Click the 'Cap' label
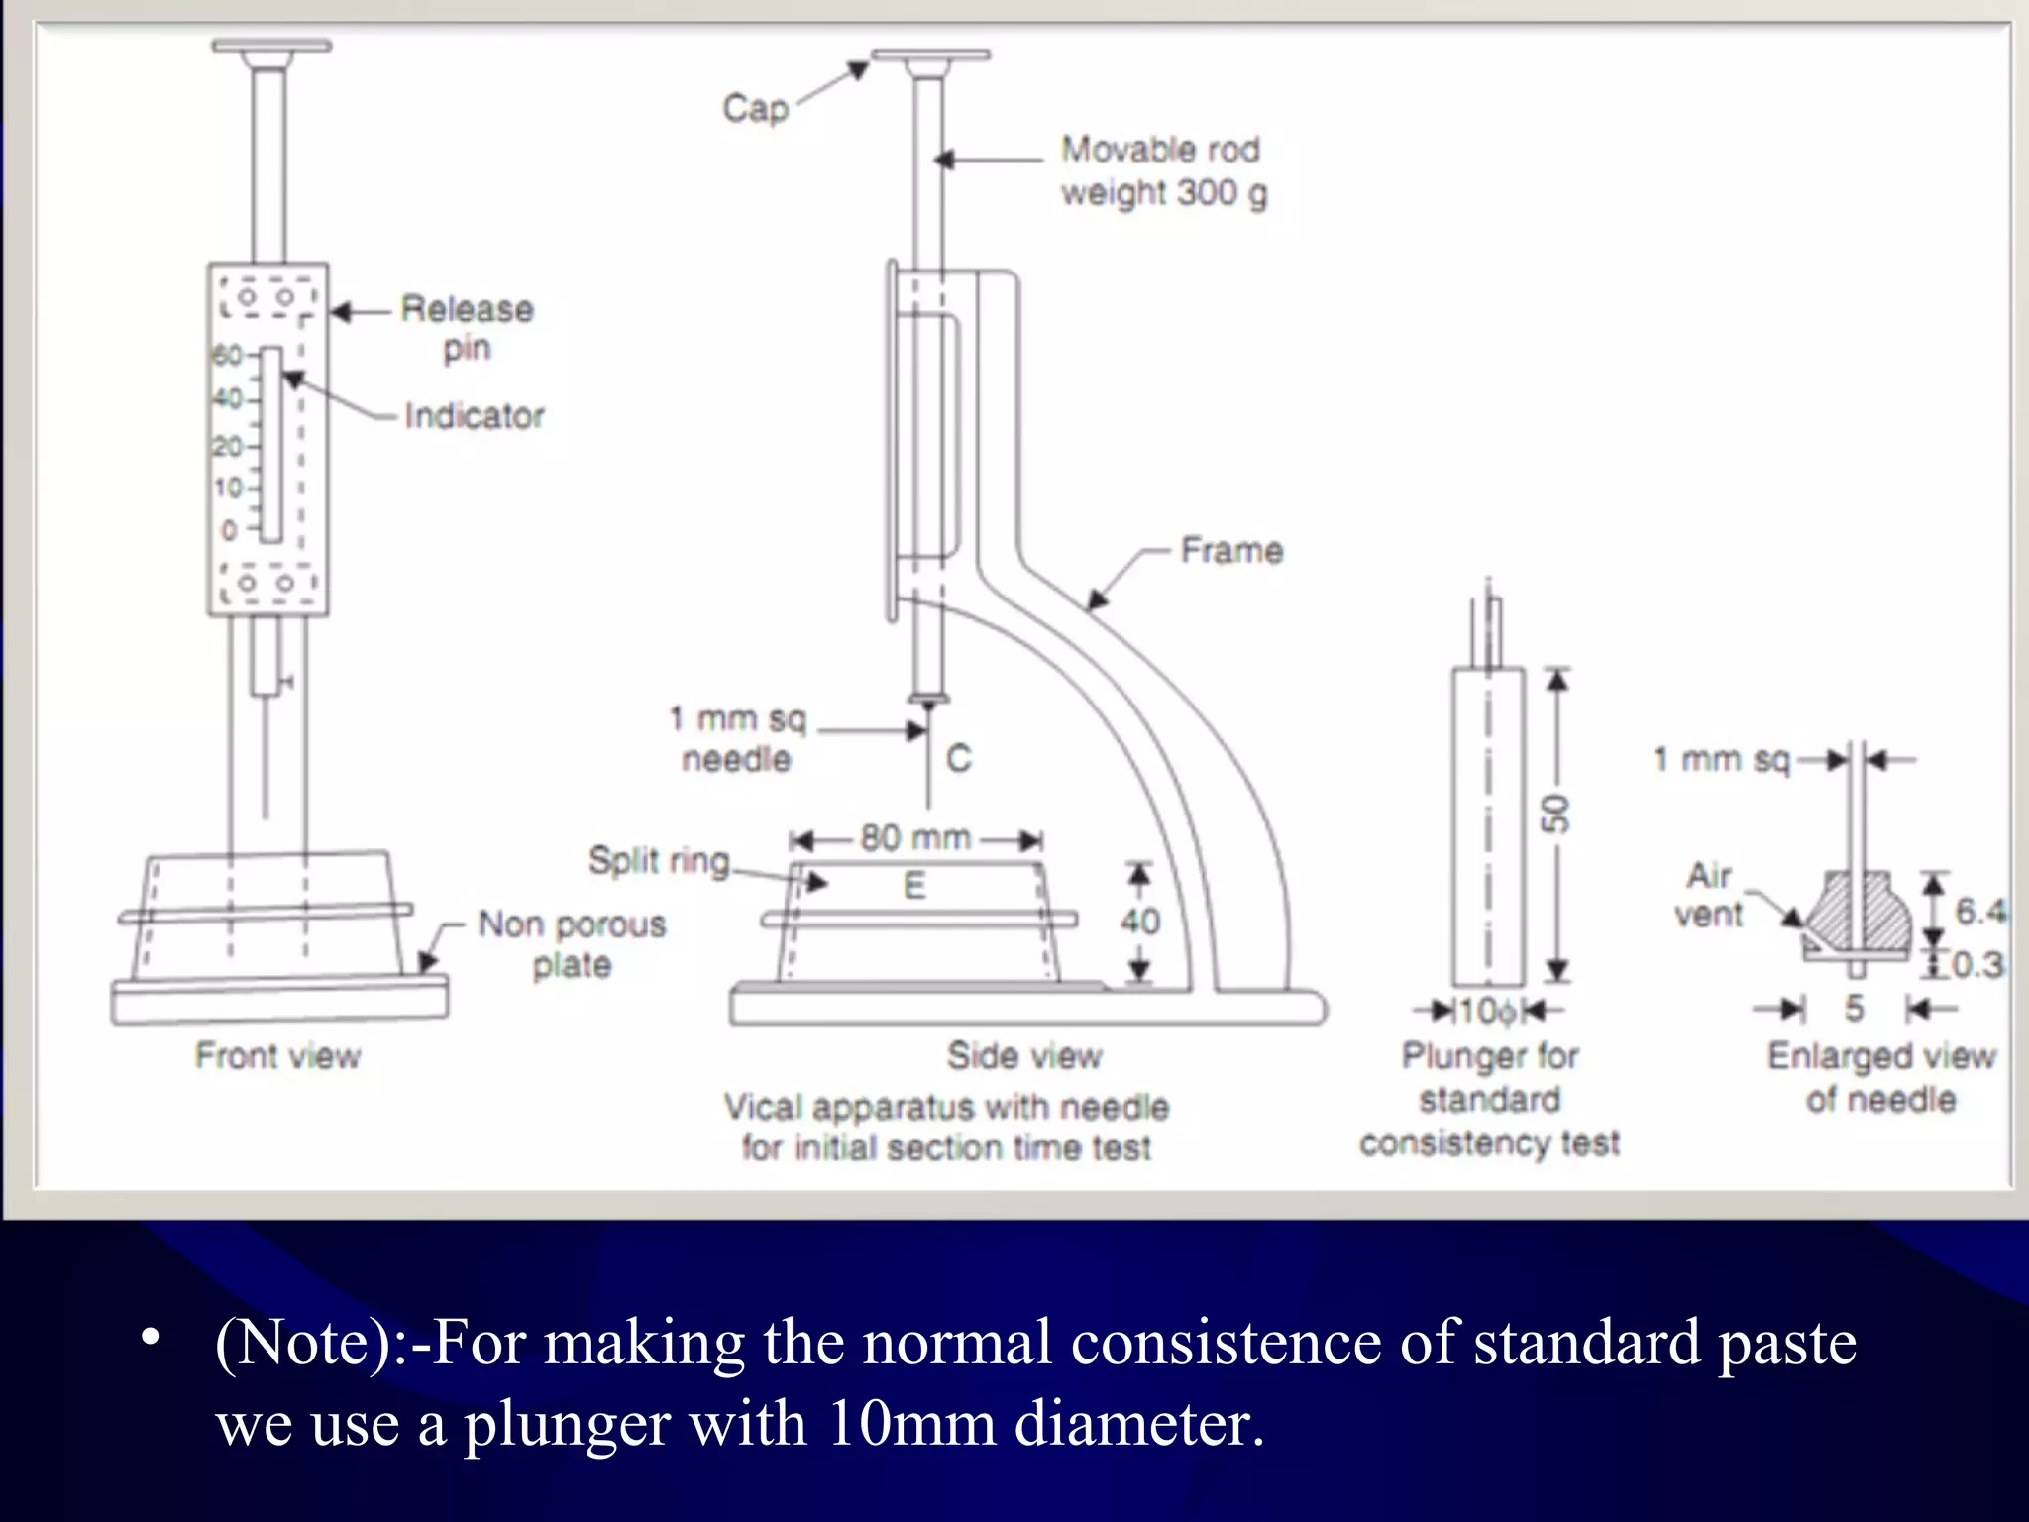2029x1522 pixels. pos(755,108)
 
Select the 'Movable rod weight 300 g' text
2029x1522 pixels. pos(1163,170)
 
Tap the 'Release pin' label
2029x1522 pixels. pos(467,328)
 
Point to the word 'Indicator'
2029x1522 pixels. pos(475,416)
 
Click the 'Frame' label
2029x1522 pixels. pos(1231,550)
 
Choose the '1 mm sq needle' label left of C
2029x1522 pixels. pos(737,738)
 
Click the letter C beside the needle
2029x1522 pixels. pos(958,759)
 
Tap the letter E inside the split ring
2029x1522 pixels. pos(914,886)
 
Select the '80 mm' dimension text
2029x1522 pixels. pos(914,838)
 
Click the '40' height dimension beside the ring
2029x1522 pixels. pos(1139,923)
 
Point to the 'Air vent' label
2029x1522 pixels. pos(1709,895)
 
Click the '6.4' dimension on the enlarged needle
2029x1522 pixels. pos(1979,911)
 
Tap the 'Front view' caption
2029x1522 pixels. pos(277,1056)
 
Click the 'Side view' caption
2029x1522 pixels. pos(1023,1056)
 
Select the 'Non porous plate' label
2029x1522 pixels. pos(572,944)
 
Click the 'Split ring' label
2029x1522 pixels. pos(659,860)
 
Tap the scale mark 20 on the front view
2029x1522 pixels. pos(227,447)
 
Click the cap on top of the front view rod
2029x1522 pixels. pos(271,47)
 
